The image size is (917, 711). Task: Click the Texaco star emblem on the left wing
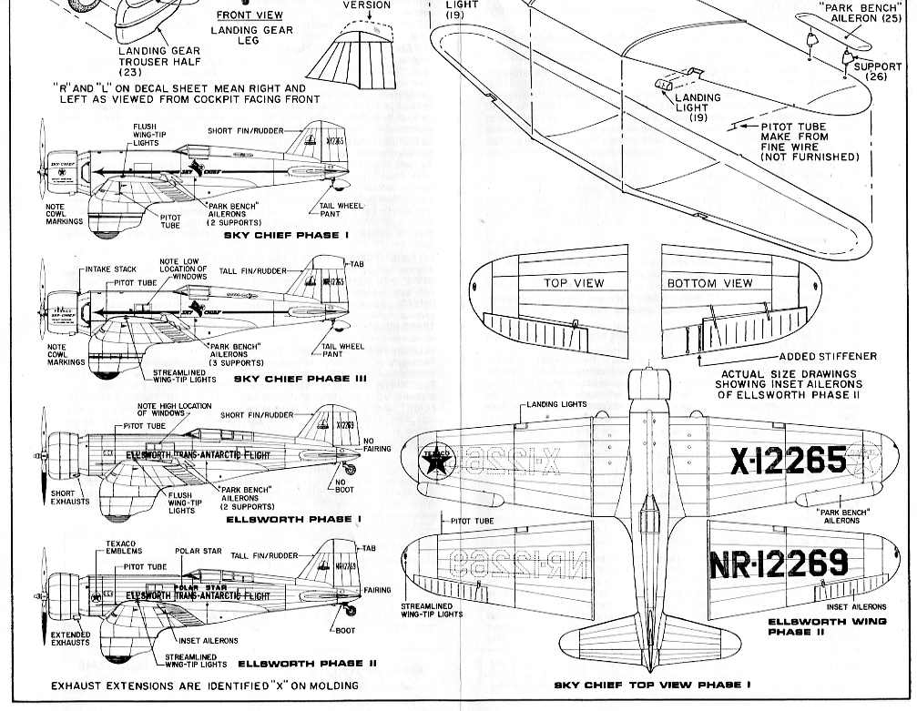[439, 462]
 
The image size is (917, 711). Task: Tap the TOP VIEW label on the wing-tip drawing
[574, 283]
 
